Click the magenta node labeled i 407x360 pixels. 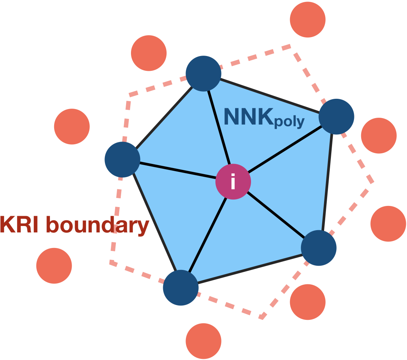click(x=233, y=182)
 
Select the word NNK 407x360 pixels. click(x=248, y=117)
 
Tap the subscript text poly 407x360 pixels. click(x=288, y=122)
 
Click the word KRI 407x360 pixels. click(x=20, y=225)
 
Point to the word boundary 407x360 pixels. click(x=97, y=226)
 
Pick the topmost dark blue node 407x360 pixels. click(x=203, y=73)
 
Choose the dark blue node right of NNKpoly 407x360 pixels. click(x=336, y=117)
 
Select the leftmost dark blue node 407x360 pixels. click(x=122, y=160)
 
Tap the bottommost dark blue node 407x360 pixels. click(x=181, y=288)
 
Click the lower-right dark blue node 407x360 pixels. click(x=318, y=248)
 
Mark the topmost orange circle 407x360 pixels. click(x=307, y=20)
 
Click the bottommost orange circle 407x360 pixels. click(x=203, y=341)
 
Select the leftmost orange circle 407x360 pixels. click(x=54, y=266)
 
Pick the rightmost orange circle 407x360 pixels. click(x=388, y=224)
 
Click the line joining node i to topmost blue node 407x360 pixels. click(x=219, y=129)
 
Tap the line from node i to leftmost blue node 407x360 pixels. click(x=178, y=171)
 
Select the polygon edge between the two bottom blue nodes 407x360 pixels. click(x=250, y=268)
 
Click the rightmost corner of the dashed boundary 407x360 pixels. click(x=373, y=182)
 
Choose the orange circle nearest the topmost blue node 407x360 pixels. click(x=149, y=53)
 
